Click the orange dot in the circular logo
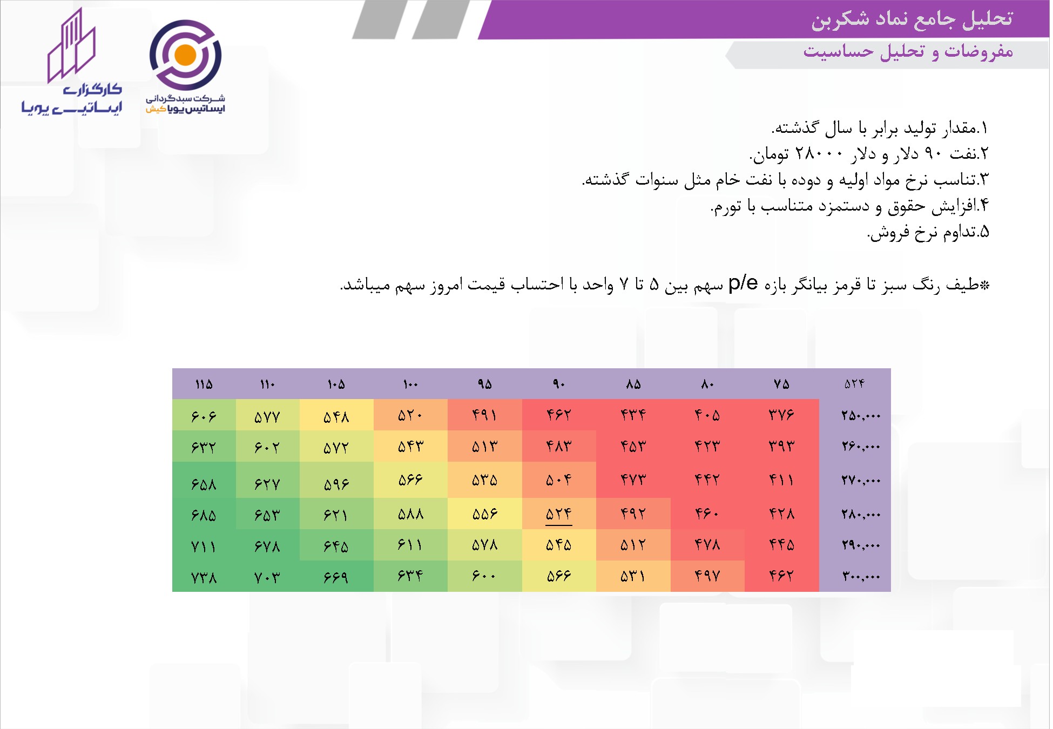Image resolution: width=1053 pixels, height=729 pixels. coord(185,55)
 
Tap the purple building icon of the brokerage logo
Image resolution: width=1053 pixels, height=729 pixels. coord(72,45)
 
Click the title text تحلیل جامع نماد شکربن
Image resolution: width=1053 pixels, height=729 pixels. coord(912,19)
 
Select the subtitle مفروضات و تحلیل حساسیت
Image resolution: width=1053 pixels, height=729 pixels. coord(908,52)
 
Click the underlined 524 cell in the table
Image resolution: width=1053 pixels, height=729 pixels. coord(558,514)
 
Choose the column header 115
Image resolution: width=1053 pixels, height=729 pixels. coord(204,384)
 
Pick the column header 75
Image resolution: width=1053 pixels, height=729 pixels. coord(781,384)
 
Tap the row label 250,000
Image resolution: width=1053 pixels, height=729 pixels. coord(861,415)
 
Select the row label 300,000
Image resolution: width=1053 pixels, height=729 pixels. coord(861,576)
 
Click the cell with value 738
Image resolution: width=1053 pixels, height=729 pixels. coord(204,577)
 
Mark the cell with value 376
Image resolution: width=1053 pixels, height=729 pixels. coord(781,415)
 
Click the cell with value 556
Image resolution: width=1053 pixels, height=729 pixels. coord(484,514)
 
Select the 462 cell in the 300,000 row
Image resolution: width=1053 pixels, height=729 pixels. coord(781,576)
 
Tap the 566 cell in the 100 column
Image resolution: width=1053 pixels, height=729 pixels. coord(410,480)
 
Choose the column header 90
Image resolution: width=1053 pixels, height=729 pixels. coord(558,384)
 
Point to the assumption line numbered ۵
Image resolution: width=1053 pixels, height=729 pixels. coord(928,232)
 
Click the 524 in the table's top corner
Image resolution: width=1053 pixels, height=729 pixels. coord(854,383)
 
